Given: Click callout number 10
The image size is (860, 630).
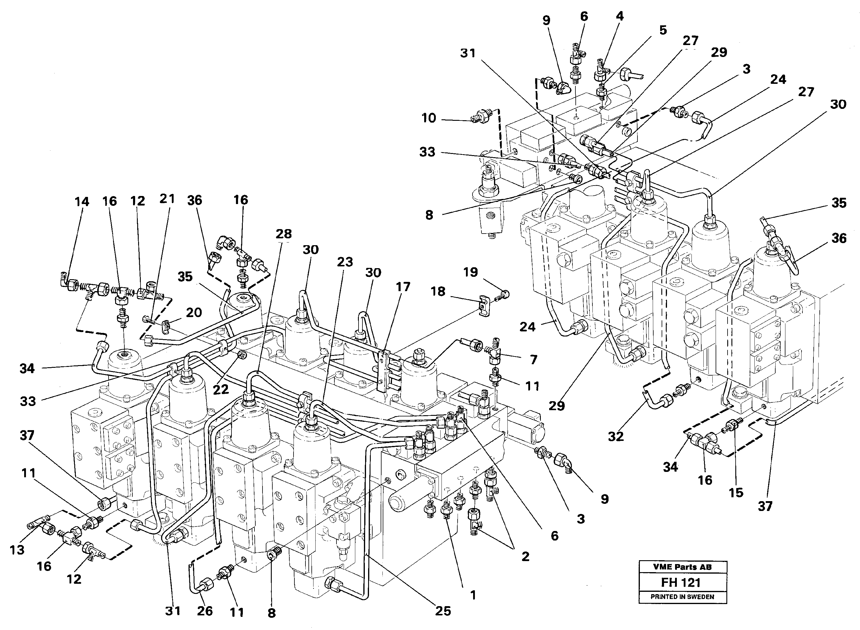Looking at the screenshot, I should tap(429, 118).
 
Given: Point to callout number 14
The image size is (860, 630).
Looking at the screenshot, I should tap(82, 202).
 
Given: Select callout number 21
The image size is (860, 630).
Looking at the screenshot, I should tap(167, 199).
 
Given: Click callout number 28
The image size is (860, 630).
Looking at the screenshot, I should tap(284, 234).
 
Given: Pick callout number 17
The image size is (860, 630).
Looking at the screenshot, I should tap(403, 287).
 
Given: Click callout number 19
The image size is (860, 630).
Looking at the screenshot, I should tap(471, 272).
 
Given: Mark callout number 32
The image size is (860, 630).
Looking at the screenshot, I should tap(615, 437).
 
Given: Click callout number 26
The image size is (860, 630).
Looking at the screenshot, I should tap(205, 611).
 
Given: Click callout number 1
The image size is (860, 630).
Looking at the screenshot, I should tap(473, 595).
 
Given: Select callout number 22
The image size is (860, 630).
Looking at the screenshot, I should tap(220, 389).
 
